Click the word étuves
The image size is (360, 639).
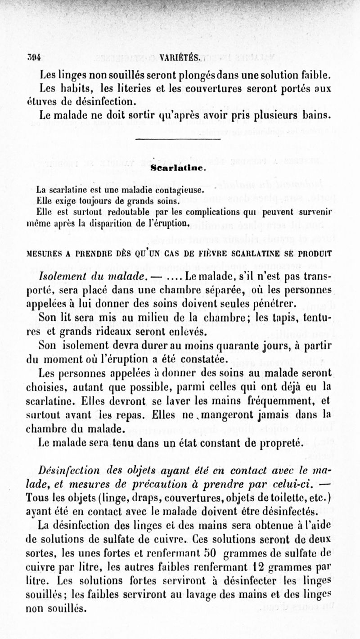(x=42, y=101)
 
